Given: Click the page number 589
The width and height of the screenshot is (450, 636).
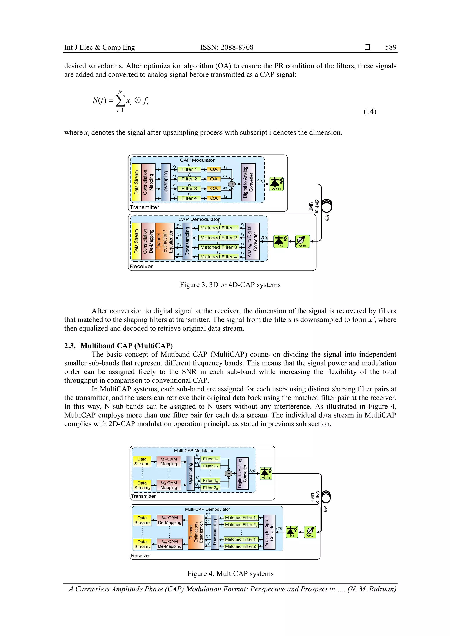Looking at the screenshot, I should point(390,47).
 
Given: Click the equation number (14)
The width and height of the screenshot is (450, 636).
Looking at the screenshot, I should point(370,111).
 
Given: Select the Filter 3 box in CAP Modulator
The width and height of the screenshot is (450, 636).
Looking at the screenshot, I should point(189,189).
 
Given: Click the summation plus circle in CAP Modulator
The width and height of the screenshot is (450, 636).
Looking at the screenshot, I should point(232,184).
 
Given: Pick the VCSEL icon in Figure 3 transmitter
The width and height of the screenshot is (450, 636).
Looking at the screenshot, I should point(276,184).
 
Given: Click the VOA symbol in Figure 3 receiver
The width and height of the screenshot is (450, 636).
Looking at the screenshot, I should point(302,241).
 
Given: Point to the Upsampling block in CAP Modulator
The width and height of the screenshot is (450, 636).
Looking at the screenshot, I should point(165,182).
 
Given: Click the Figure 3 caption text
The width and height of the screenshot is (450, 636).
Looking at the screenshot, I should point(230,285).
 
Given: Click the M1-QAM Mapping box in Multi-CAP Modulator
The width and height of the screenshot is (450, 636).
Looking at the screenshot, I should point(169,461).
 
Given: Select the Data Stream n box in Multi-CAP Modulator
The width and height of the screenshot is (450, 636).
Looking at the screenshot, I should point(142,485).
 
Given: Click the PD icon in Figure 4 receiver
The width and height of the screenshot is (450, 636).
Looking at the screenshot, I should point(292,532).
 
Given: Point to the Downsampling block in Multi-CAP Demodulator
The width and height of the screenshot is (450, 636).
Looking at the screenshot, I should point(215,532).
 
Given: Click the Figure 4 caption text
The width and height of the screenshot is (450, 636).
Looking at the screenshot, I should point(230,573).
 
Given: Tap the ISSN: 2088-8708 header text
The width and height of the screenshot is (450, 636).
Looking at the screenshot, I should point(227,47).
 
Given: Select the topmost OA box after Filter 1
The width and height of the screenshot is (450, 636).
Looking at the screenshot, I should point(214,169).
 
